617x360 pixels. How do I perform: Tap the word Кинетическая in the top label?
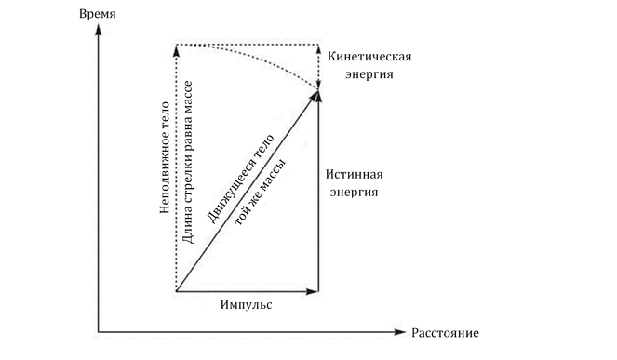[x=370, y=57]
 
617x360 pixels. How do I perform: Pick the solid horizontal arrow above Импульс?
[x=248, y=291]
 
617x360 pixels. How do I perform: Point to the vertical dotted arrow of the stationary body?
[x=177, y=167]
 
